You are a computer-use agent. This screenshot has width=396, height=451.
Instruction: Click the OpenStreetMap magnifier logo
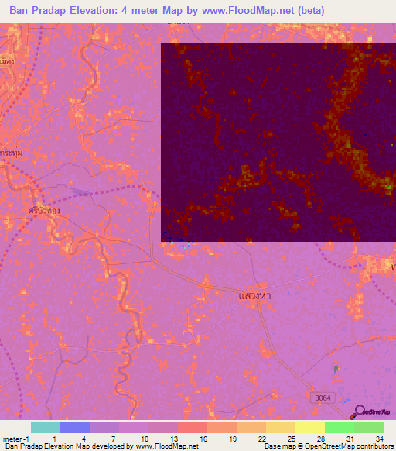point(359,411)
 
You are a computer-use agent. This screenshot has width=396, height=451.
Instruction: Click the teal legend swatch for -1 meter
point(46,427)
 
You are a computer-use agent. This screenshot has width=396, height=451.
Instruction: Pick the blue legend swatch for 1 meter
point(75,427)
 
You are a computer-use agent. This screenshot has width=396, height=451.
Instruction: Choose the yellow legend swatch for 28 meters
point(310,427)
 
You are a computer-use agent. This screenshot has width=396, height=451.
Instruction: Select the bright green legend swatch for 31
point(340,427)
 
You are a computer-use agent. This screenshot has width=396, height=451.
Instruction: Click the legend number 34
point(379,438)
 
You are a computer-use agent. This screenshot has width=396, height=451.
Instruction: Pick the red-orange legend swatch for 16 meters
point(193,427)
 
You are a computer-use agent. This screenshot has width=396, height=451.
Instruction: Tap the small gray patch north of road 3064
point(336,369)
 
